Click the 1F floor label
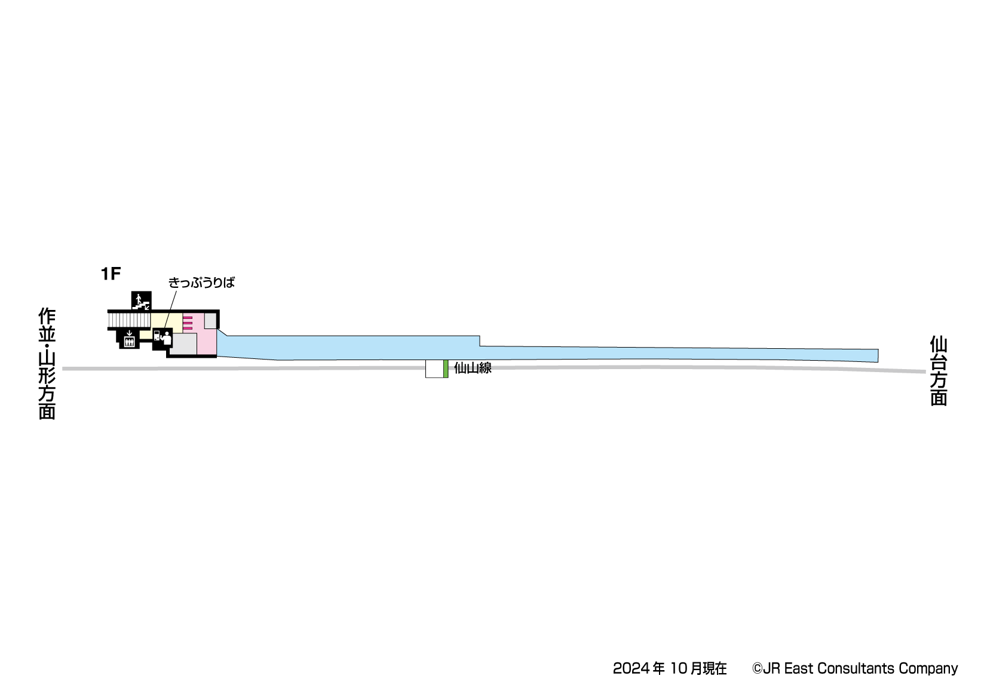111,274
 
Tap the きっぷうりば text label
201,282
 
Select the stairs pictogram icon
141,300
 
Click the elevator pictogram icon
129,340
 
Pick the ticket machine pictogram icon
162,338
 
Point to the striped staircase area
128,321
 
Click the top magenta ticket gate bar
187,318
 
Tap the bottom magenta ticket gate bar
187,328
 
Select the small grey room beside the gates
210,321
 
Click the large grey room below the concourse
185,343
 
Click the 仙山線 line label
473,368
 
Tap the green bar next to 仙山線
446,369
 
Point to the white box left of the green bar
434,369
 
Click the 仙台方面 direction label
939,371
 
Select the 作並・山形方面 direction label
47,364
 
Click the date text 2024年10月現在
670,668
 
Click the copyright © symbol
757,669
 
